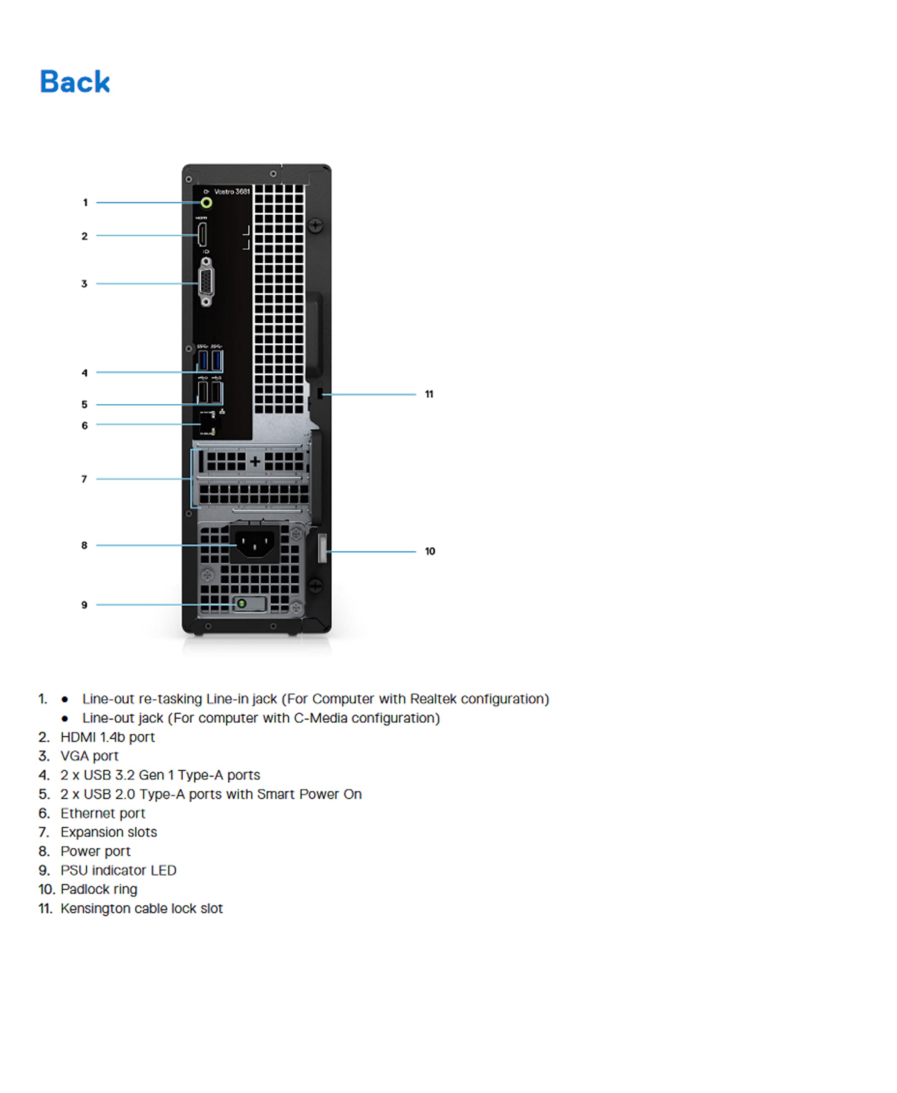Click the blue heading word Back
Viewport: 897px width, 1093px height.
click(75, 82)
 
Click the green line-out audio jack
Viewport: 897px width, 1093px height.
click(206, 203)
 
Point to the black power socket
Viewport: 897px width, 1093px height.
click(255, 544)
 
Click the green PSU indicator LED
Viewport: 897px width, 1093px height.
click(241, 603)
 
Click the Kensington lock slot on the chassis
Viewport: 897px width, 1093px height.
click(319, 394)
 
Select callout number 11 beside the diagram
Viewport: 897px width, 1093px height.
click(429, 394)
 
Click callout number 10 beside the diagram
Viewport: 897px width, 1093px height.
click(430, 551)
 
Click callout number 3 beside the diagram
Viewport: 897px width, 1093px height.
click(84, 284)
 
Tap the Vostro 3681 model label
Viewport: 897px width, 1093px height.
click(232, 192)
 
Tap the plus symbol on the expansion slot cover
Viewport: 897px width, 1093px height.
click(255, 461)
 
